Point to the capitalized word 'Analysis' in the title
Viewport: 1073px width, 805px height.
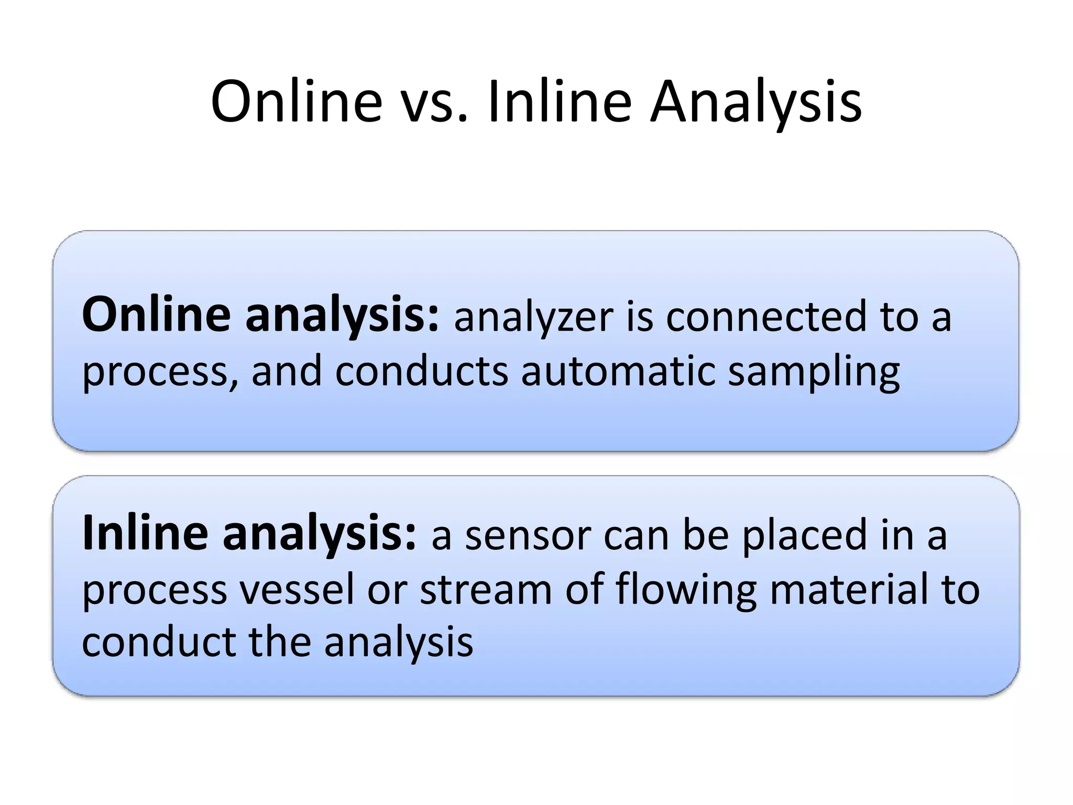[756, 102]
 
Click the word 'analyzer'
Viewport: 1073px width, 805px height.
[533, 319]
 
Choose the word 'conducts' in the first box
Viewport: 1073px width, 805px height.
[421, 371]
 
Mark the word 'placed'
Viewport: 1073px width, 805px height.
[804, 536]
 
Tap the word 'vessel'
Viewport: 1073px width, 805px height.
[297, 589]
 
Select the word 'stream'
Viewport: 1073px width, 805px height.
[486, 589]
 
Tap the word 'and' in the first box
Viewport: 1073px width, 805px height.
[287, 371]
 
